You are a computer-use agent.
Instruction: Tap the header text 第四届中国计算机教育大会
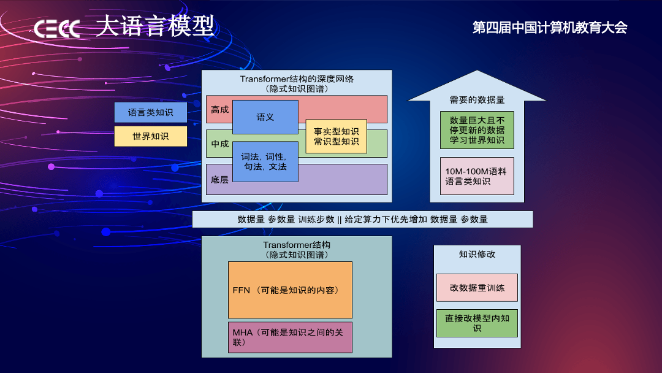tap(550, 28)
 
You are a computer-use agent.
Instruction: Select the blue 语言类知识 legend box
tap(150, 112)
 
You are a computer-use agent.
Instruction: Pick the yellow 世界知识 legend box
tap(150, 136)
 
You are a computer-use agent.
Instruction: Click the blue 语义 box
tap(265, 117)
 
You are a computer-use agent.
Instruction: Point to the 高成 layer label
tap(219, 110)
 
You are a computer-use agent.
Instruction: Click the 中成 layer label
tap(219, 144)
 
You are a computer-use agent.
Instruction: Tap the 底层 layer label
tap(219, 180)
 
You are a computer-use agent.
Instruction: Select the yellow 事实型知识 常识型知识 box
tap(336, 136)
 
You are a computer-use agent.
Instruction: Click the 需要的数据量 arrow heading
tap(477, 99)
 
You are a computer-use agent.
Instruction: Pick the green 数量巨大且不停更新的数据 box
tap(477, 130)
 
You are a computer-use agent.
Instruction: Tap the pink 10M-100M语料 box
tap(477, 176)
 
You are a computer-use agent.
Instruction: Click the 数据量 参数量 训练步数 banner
tap(362, 219)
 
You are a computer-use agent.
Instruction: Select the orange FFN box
tap(290, 290)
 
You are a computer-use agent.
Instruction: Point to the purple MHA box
tap(290, 337)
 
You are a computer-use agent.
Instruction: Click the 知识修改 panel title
tap(477, 254)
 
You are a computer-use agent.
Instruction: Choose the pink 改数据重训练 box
tap(477, 288)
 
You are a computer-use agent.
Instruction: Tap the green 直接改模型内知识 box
tap(477, 323)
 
